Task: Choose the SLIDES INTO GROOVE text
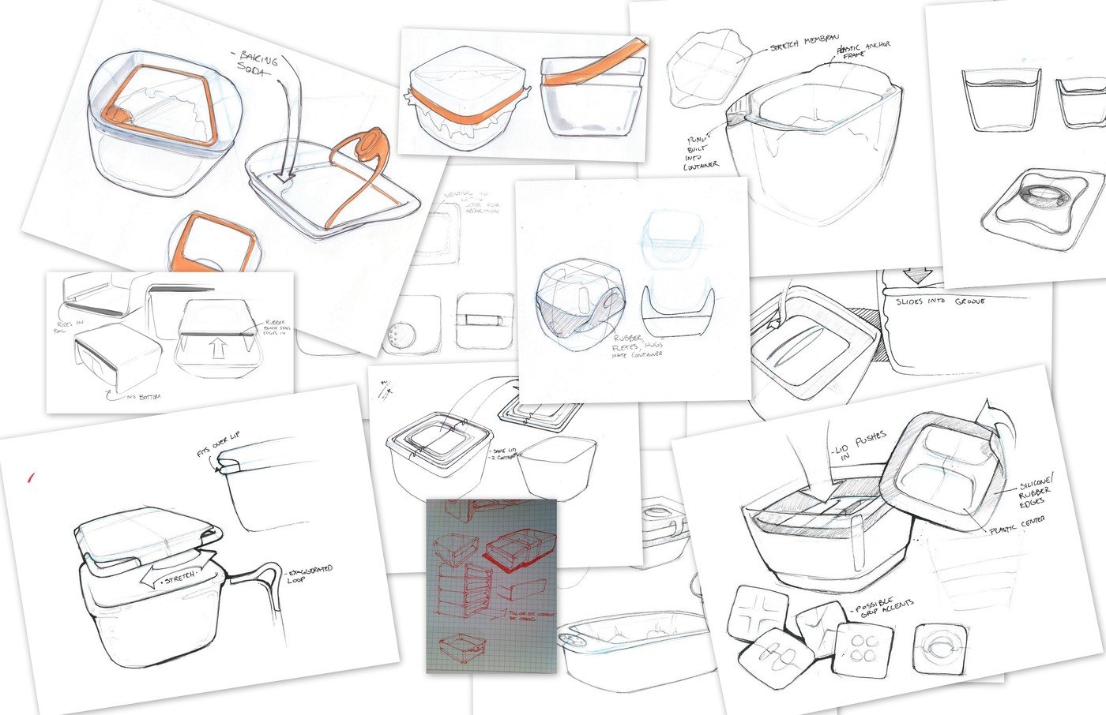click(x=940, y=301)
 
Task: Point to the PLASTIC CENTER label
click(x=1017, y=526)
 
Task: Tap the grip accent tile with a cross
click(x=756, y=615)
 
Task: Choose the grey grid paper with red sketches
click(x=491, y=586)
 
